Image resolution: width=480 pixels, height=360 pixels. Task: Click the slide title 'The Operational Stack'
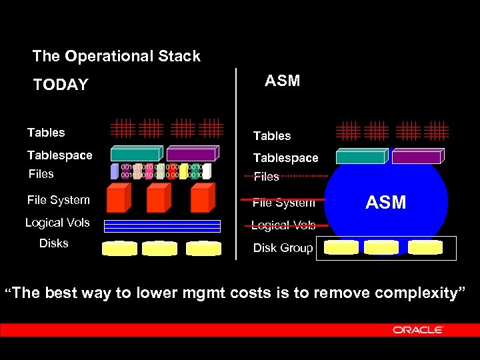(x=116, y=56)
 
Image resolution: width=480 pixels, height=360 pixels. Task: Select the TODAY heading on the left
(x=61, y=85)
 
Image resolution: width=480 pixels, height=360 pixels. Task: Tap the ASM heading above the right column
(x=282, y=81)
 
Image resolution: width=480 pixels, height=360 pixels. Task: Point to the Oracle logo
(x=418, y=330)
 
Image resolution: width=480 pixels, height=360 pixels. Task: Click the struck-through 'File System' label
(x=283, y=203)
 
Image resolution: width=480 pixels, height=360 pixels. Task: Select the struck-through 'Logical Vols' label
(x=283, y=225)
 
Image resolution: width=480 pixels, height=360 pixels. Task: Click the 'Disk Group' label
(x=283, y=248)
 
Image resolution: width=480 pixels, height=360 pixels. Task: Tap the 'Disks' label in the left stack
(x=53, y=243)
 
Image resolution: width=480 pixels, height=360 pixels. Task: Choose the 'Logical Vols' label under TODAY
(x=57, y=223)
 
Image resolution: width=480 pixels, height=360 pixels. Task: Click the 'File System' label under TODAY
(x=58, y=200)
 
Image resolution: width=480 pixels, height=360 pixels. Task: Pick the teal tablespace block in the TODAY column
(x=136, y=153)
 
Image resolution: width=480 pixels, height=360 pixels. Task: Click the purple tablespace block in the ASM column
(x=417, y=157)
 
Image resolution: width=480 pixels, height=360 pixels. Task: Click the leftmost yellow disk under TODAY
(x=120, y=249)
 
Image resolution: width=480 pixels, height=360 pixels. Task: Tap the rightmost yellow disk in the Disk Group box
(x=425, y=247)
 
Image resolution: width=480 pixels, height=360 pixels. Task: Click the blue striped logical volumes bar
(x=162, y=226)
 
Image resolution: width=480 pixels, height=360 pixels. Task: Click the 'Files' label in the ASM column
(x=266, y=177)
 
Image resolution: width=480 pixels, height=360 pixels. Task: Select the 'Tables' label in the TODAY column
(x=46, y=133)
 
